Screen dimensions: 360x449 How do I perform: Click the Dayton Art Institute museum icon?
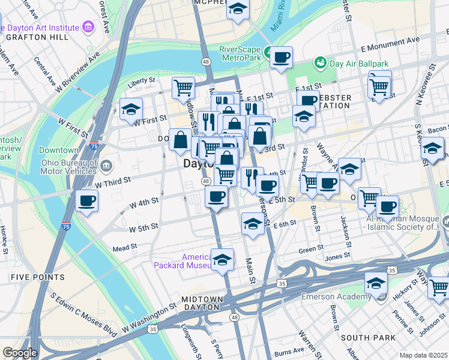pyautogui.click(x=89, y=27)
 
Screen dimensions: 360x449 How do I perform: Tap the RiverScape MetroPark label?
pyautogui.click(x=243, y=53)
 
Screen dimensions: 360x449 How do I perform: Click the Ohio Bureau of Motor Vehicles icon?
pyautogui.click(x=106, y=166)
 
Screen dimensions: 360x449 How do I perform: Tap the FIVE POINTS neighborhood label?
pyautogui.click(x=37, y=277)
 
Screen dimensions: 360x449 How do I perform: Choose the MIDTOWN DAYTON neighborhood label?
pyautogui.click(x=199, y=304)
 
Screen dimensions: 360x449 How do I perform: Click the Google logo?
pyautogui.click(x=20, y=352)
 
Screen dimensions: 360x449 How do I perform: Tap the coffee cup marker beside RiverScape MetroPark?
pyautogui.click(x=280, y=58)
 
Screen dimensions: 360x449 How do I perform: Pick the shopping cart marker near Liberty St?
pyautogui.click(x=183, y=88)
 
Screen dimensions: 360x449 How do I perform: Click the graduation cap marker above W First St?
pyautogui.click(x=130, y=109)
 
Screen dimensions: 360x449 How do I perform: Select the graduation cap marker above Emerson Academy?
pyautogui.click(x=376, y=283)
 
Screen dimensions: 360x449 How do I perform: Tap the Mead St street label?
pyautogui.click(x=125, y=247)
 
